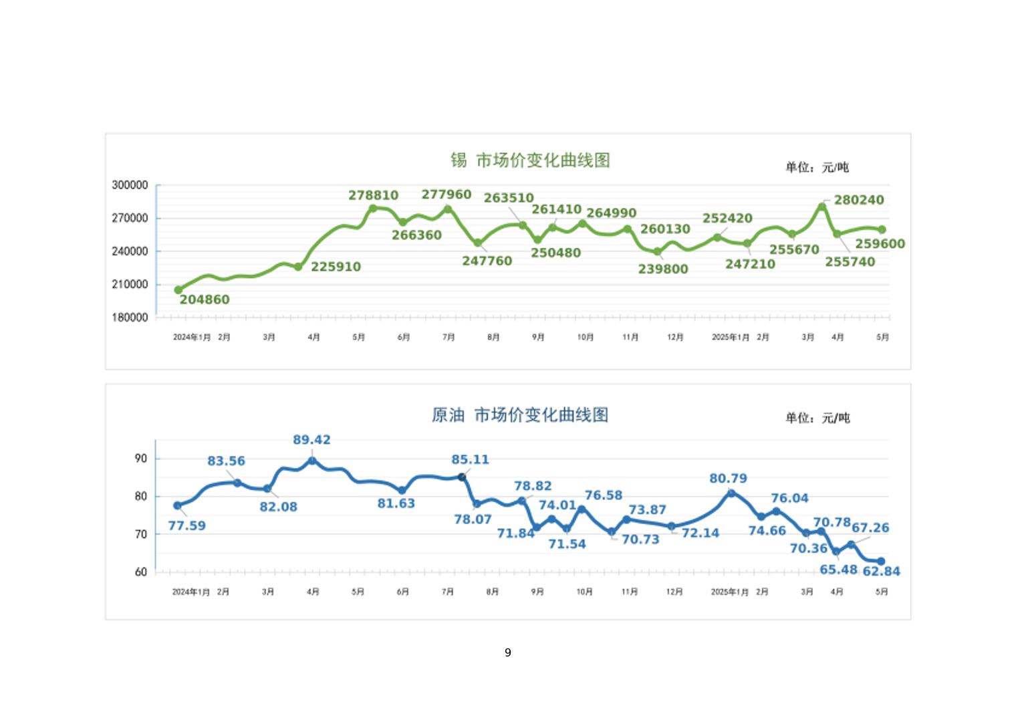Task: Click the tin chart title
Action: coord(529,160)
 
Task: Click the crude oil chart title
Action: coord(520,415)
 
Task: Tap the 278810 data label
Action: coord(373,195)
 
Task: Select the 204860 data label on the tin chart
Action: coord(205,300)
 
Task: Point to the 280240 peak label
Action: coord(859,200)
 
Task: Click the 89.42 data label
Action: coord(311,440)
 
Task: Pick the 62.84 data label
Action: coord(882,571)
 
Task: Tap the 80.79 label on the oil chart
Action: coord(728,478)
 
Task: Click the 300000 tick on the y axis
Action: coord(130,185)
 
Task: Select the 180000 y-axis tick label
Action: coord(130,318)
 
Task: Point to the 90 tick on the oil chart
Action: coord(141,459)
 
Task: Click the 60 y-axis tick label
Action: coord(141,572)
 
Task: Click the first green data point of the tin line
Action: coord(178,290)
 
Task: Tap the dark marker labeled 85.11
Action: coord(462,477)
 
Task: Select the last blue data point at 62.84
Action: coord(881,562)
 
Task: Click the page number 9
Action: coord(508,652)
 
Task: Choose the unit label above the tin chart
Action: coord(817,167)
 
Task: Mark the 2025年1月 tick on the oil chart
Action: coord(729,592)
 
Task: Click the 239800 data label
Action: coord(663,269)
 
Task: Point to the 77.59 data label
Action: coord(187,525)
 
